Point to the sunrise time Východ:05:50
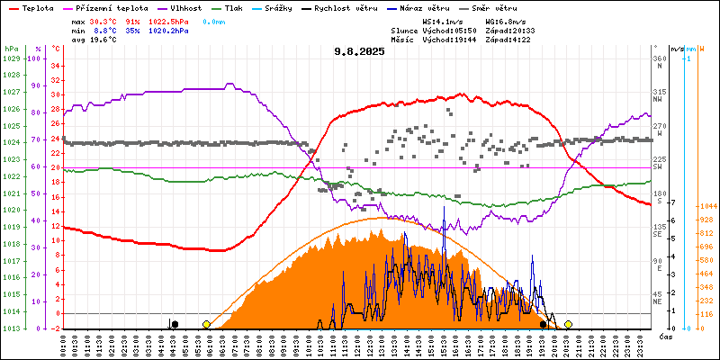(x=443, y=30)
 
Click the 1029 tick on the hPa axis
(x=11, y=59)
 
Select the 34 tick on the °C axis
(x=55, y=66)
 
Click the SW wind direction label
(x=658, y=167)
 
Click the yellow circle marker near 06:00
(x=206, y=324)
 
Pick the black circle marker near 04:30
(x=175, y=324)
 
